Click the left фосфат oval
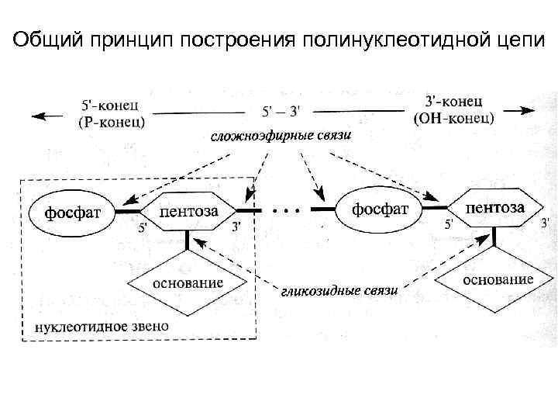tap(72, 211)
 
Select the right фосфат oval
tap(380, 209)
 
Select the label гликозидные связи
tap(339, 291)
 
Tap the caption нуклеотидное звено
tap(102, 326)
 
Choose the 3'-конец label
tap(455, 102)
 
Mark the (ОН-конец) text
tap(455, 118)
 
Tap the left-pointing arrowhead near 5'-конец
tap(39, 116)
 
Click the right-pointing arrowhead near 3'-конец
tap(527, 110)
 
